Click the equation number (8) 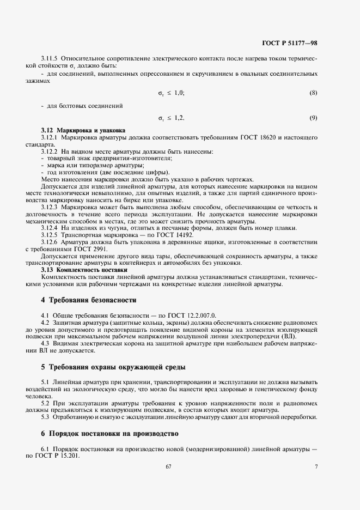coord(313,93)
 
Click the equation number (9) coord(313,118)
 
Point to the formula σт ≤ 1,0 coord(171,93)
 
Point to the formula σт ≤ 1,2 coord(171,118)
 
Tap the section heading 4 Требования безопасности coord(88,300)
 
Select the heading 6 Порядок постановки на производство coord(109,434)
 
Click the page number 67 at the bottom coord(168,466)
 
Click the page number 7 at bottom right coord(316,466)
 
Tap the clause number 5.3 coord(46,417)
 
